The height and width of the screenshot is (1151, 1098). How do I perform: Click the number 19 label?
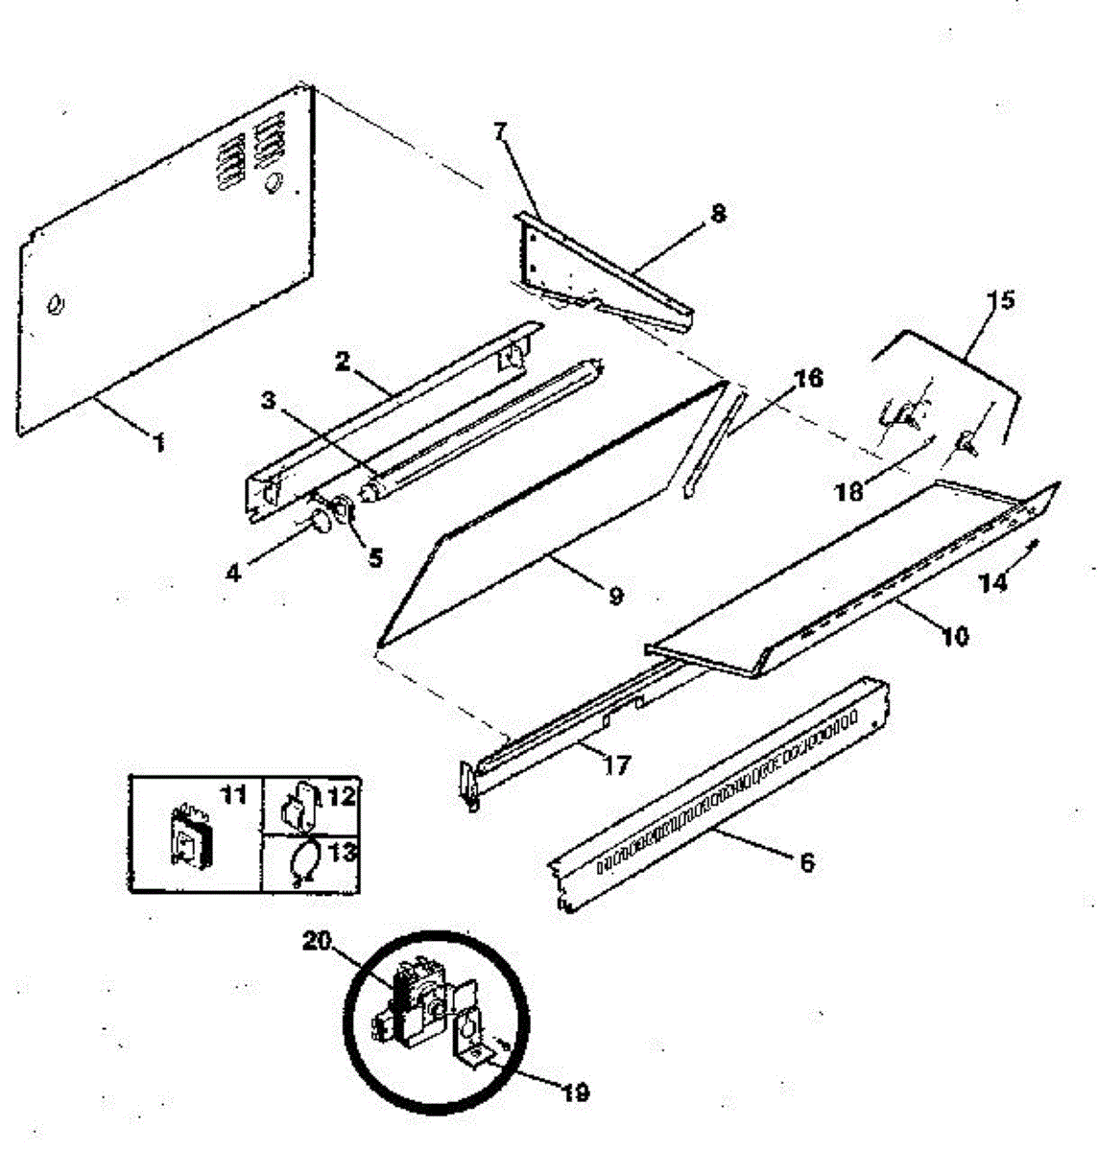[x=575, y=1092]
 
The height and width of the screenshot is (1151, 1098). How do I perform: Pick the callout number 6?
[x=806, y=862]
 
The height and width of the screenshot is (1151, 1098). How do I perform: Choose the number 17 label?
[x=617, y=766]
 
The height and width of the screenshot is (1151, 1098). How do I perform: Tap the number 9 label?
[x=615, y=596]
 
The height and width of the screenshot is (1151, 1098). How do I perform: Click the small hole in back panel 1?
[x=57, y=306]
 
